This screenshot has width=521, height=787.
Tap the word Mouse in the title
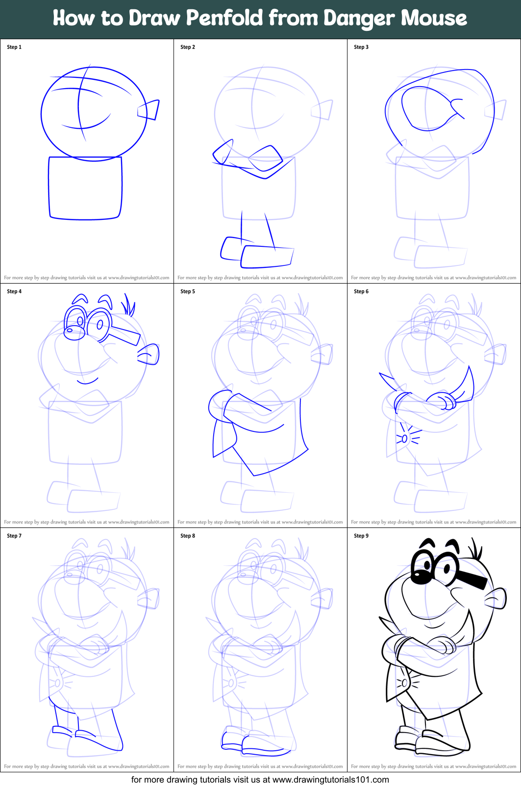coord(434,19)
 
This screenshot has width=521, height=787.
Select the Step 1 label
coord(14,47)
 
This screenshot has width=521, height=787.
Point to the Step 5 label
coord(188,291)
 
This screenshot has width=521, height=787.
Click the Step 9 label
coord(361,536)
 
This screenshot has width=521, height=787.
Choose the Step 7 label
coord(14,536)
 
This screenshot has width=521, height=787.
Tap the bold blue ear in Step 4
coord(149,354)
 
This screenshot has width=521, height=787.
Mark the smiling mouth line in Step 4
coord(87,381)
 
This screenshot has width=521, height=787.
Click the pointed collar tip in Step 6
coord(382,377)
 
